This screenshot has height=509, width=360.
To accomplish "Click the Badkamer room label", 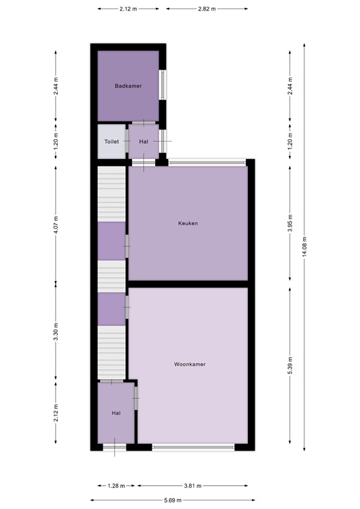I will click(x=127, y=85).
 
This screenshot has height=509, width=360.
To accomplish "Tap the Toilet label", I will click(x=111, y=142).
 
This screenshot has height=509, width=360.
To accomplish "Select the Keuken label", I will click(x=188, y=223).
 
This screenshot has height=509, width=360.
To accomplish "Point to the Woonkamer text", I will click(x=188, y=365).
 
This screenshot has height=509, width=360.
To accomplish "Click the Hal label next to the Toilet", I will click(x=143, y=142).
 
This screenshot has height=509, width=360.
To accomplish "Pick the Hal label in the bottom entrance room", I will click(x=116, y=413).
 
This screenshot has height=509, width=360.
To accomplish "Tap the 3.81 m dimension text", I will click(x=194, y=485).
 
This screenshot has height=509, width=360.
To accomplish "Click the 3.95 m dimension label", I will click(x=290, y=223).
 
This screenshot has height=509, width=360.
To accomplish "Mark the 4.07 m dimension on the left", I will click(x=56, y=223).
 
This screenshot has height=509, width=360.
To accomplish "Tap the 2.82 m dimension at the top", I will click(x=207, y=9).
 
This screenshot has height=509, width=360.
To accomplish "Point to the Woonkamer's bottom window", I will click(x=193, y=447).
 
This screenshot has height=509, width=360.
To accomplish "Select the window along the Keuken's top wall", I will click(x=206, y=162).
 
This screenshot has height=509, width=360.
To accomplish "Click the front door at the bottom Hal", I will click(x=114, y=447).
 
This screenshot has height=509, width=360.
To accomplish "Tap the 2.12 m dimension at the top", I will click(x=129, y=9).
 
